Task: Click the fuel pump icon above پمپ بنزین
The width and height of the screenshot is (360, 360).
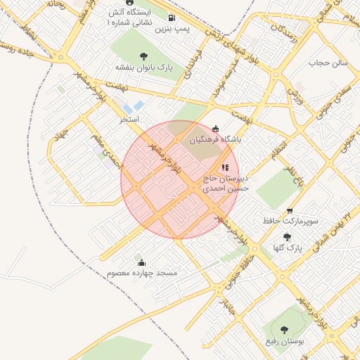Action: (x=172, y=18)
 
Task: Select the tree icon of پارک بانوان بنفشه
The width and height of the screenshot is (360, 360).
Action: (x=144, y=56)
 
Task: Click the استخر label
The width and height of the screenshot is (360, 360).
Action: (x=129, y=120)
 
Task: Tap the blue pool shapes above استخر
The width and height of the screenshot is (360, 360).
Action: (x=132, y=107)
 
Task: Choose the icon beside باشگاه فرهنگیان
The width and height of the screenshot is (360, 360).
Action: (x=215, y=128)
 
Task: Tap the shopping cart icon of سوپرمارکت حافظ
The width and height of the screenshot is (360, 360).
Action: (x=290, y=211)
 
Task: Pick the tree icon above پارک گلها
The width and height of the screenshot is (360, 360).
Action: (x=287, y=237)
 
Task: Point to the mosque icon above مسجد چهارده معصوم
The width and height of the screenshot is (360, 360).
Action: (x=142, y=262)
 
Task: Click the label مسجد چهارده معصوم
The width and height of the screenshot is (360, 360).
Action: (x=143, y=273)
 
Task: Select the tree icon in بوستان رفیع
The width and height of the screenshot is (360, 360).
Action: (x=284, y=329)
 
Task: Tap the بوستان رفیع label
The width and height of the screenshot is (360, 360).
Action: (x=284, y=341)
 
